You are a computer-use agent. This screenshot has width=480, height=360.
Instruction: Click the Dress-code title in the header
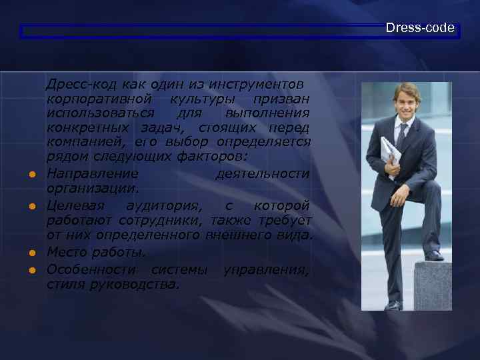pos(420,28)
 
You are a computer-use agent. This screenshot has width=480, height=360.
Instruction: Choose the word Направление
pos(93,173)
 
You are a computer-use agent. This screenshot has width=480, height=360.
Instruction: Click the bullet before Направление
pos(31,175)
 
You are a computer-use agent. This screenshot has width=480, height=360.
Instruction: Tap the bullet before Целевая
pos(31,207)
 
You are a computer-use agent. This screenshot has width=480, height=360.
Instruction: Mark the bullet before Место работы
pos(31,254)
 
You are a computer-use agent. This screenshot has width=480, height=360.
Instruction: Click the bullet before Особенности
pos(31,270)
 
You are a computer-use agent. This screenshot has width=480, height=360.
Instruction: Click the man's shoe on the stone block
pos(433,255)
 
